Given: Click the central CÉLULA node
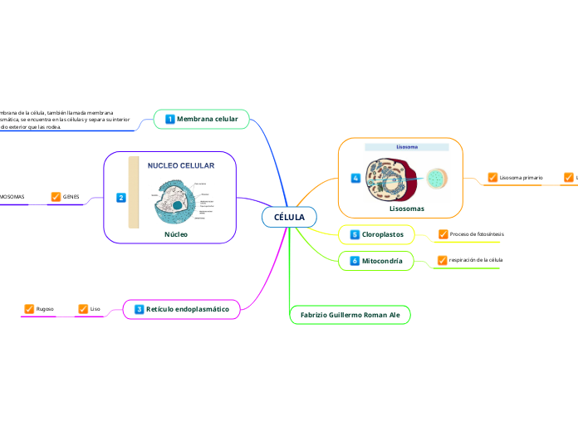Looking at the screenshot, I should point(289,218).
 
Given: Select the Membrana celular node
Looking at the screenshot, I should point(207,120).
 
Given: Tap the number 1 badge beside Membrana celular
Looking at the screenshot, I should point(170,120).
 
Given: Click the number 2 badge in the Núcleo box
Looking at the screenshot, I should point(120,198).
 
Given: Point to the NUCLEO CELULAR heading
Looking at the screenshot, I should point(180,166).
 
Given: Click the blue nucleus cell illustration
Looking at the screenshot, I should point(175,202).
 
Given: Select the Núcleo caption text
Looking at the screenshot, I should point(175,234).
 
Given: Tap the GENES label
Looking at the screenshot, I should point(71,197).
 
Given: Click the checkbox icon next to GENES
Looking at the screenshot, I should point(56,197).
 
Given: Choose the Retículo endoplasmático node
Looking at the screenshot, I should point(188,309).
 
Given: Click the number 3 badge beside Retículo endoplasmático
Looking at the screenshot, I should point(139,309).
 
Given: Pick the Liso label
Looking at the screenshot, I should point(95,309).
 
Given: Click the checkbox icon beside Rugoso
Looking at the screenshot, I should point(29,309).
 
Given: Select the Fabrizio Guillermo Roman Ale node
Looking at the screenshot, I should point(350,316).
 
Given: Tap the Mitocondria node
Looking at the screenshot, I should point(382,261).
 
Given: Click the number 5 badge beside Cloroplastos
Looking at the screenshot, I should point(355,235).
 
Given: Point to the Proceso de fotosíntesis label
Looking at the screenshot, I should point(477,234).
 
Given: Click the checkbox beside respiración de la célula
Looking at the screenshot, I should point(443,261).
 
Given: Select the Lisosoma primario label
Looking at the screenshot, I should point(521,178).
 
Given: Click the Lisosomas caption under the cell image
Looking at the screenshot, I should point(407,209).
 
